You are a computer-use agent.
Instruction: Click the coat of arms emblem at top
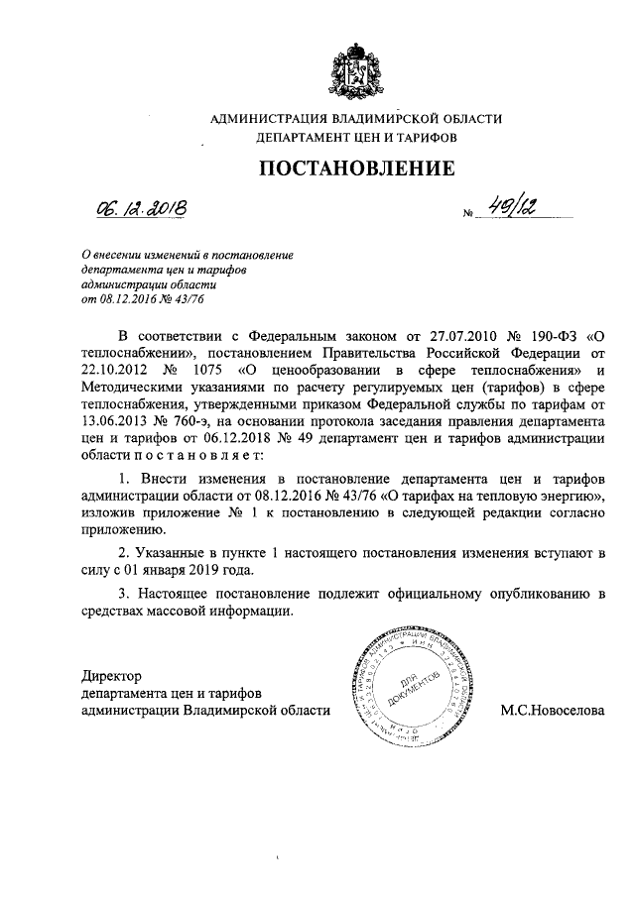pos(356,67)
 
